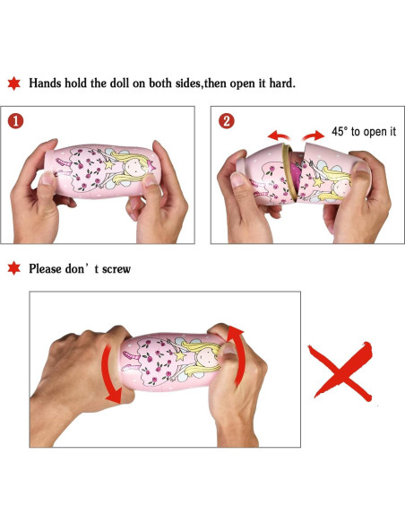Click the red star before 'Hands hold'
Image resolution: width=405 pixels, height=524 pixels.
tap(14, 83)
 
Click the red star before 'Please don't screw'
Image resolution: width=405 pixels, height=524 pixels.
tap(14, 268)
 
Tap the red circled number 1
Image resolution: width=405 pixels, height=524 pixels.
tap(15, 121)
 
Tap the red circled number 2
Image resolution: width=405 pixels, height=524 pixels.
tap(227, 121)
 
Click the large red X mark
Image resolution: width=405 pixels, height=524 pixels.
tap(340, 371)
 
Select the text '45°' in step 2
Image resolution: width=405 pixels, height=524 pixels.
tap(340, 131)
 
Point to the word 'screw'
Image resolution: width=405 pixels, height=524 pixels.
tap(116, 269)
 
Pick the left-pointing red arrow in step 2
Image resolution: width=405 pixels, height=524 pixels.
tap(278, 135)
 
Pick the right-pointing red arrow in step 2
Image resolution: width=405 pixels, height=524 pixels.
tap(314, 136)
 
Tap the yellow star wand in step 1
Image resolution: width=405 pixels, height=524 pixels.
tap(108, 163)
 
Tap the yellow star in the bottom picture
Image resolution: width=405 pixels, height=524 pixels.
tap(179, 355)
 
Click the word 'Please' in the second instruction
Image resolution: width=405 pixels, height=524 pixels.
tap(46, 269)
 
